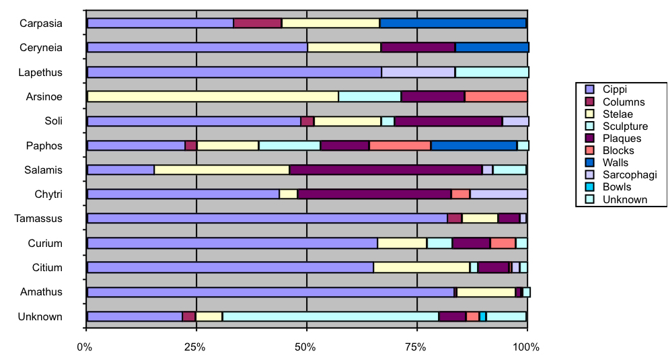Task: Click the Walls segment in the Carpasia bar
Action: tap(453, 23)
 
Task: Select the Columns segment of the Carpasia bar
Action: tap(257, 23)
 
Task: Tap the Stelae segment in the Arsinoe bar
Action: tap(213, 96)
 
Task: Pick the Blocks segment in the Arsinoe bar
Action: tap(496, 96)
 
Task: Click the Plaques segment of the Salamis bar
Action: tap(385, 170)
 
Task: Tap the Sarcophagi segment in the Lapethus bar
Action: tap(418, 72)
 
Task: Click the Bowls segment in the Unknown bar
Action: tap(482, 316)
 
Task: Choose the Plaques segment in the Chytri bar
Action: tap(374, 194)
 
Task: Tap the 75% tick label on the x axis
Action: tap(416, 347)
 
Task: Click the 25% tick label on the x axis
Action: tap(195, 347)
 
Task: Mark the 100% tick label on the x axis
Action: tap(526, 347)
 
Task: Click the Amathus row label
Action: tap(41, 292)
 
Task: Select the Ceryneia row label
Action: tap(41, 48)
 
